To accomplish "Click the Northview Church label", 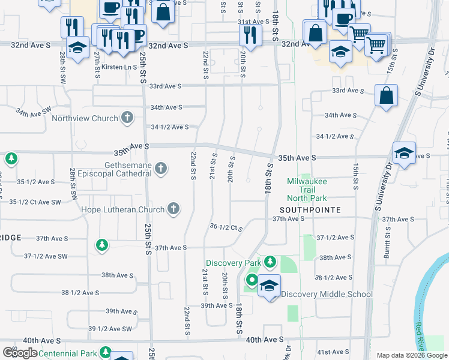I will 84,118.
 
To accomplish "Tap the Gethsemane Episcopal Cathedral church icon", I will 161,169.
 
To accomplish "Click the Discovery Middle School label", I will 327,294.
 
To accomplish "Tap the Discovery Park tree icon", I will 270,262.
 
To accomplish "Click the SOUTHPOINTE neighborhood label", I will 310,210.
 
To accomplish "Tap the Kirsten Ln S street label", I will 119,67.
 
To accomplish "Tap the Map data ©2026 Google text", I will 411,355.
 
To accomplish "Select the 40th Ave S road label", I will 265,340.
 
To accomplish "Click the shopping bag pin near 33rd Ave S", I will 386,95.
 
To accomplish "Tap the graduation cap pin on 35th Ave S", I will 404,154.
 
